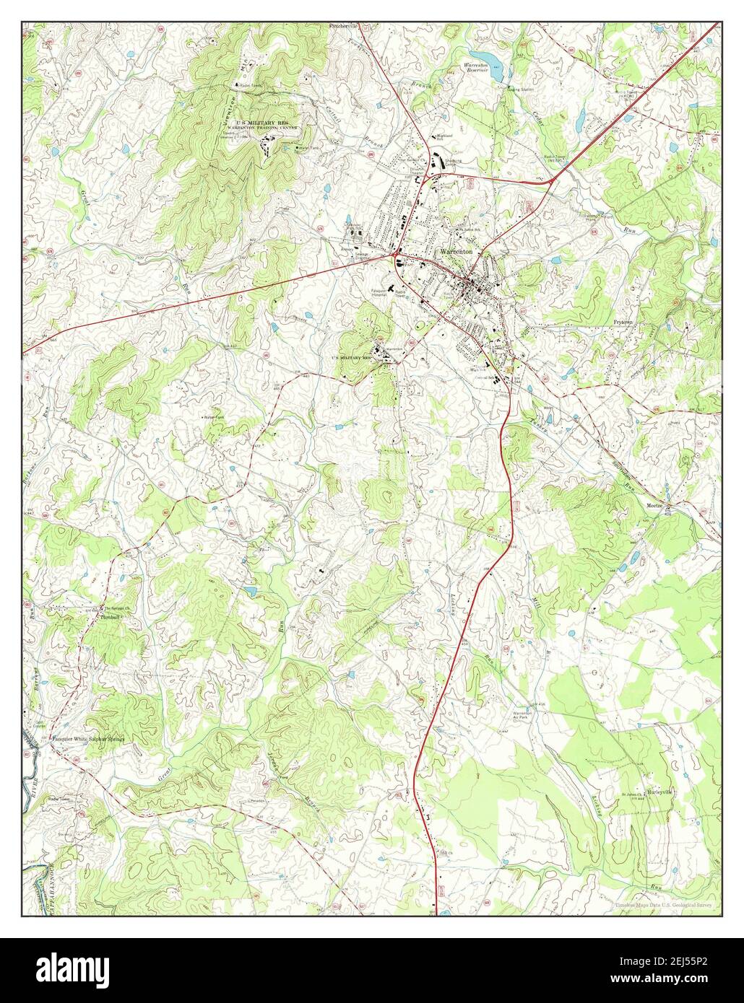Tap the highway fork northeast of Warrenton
pos(552,180)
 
